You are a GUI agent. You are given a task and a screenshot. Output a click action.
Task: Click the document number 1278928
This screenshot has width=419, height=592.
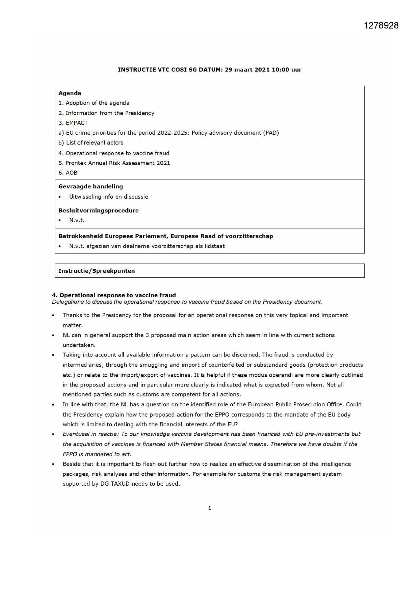point(381,25)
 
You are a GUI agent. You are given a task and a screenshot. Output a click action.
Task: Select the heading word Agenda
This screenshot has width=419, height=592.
point(70,93)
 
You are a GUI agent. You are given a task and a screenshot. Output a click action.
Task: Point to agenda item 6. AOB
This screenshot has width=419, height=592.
point(68,173)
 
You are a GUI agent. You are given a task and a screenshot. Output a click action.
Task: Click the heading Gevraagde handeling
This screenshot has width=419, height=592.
point(90,186)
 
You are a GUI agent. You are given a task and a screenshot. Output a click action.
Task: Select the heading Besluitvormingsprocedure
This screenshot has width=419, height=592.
point(98,211)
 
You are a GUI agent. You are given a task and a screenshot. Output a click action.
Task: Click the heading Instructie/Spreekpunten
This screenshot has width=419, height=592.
point(97,271)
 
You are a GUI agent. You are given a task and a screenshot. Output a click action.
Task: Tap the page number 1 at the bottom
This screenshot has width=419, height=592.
point(210,508)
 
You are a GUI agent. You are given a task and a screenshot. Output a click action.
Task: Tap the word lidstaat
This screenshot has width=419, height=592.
point(214,246)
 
